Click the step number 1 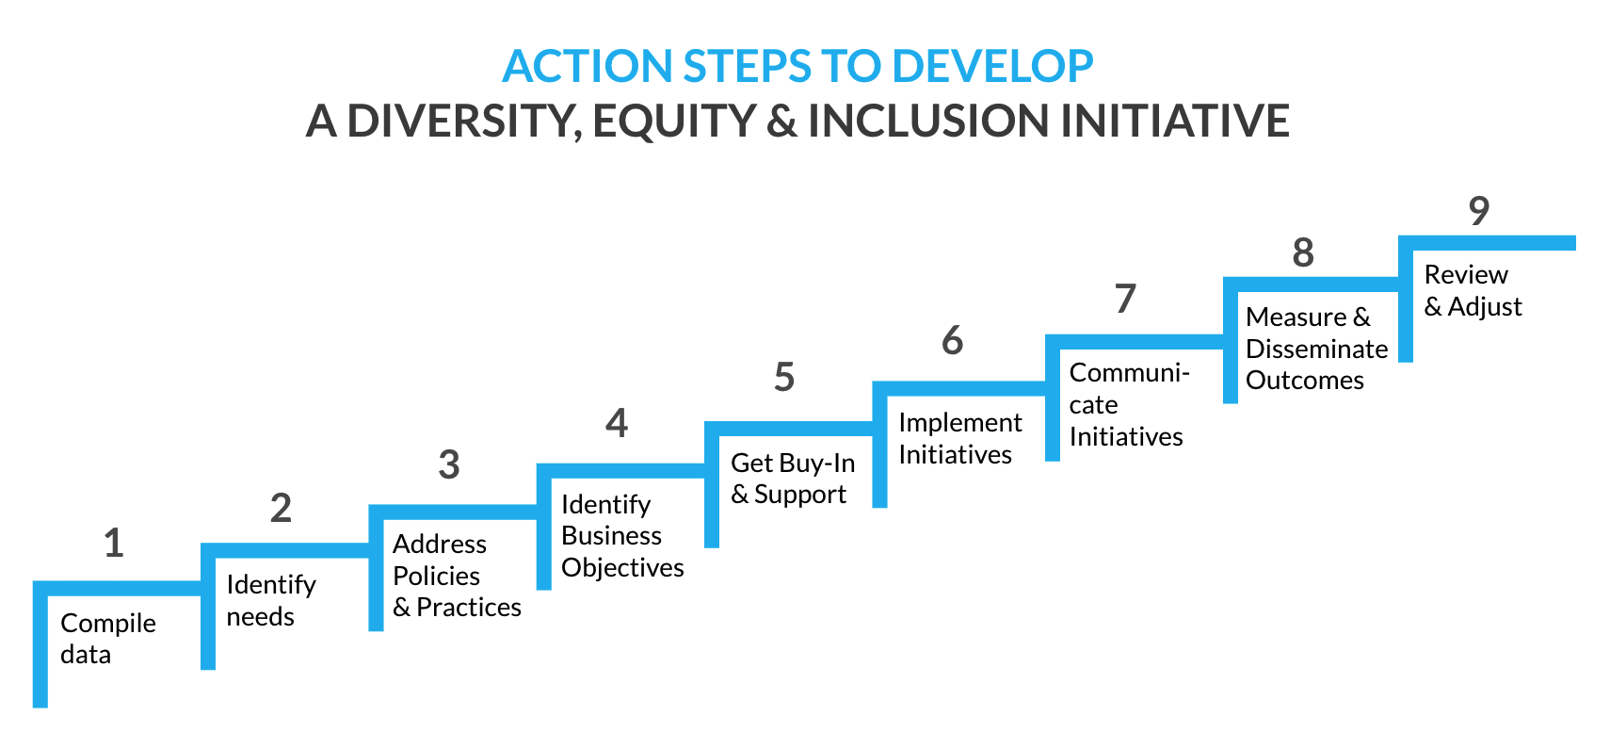point(114,543)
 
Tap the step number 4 point(617,423)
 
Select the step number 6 point(952,340)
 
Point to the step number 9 point(1478,211)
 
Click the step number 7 point(1125,299)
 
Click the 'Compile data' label point(108,639)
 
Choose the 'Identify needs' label point(271,600)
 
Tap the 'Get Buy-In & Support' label point(793,479)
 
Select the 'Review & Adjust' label point(1473,290)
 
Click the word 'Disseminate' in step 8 point(1317,349)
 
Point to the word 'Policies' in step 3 point(436,576)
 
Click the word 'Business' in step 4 point(612,536)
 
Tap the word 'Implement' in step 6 point(960,423)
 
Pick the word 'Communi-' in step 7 point(1129,372)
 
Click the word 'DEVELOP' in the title point(992,66)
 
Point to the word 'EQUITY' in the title point(673,121)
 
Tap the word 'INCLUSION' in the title point(928,121)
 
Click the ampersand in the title point(781,121)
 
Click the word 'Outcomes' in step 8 point(1305,380)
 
